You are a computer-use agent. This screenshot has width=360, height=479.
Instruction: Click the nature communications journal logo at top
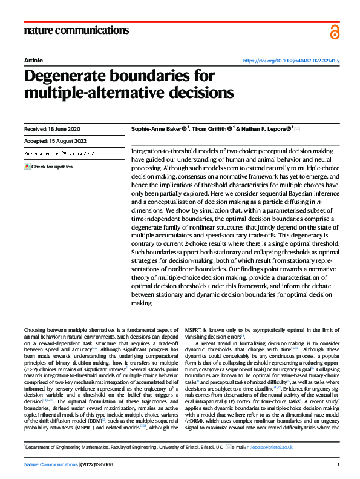pos(77,30)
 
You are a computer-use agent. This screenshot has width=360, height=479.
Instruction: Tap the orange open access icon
pos(335,31)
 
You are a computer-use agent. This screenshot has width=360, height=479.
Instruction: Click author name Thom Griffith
pos(209,128)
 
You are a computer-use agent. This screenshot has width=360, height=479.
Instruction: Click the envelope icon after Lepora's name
pos(297,128)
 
